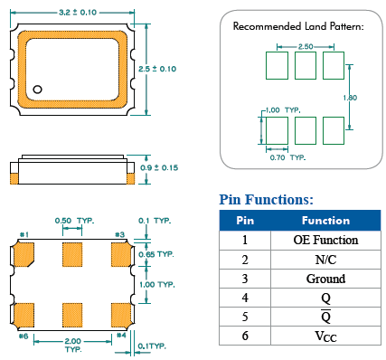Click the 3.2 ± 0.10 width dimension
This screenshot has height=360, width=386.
click(78, 13)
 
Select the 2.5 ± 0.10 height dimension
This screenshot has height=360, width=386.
click(157, 69)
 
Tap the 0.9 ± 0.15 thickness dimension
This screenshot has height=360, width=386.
click(159, 167)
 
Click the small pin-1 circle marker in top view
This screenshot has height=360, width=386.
click(37, 90)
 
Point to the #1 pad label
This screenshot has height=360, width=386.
click(24, 234)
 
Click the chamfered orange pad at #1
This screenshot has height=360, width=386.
click(24, 255)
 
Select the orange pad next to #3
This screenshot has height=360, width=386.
click(121, 255)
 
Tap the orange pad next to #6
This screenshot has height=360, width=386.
click(24, 315)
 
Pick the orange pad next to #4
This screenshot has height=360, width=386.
click(121, 315)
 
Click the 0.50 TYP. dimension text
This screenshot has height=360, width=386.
click(74, 221)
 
